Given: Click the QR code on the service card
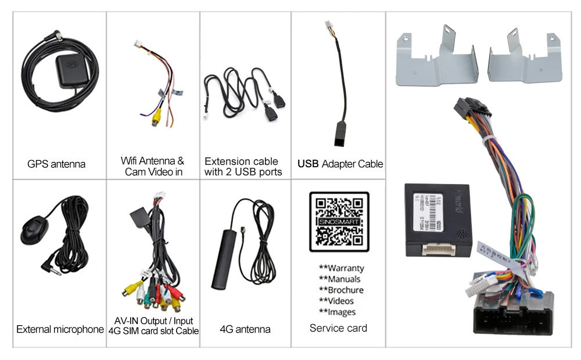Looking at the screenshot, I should [x=339, y=222].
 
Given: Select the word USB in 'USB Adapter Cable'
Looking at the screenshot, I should [x=308, y=164].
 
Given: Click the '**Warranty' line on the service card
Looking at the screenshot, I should [x=341, y=268].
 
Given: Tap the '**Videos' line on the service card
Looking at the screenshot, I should [x=336, y=301].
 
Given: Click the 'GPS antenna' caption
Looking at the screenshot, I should [x=56, y=164].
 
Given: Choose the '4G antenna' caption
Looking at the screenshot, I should [x=245, y=329].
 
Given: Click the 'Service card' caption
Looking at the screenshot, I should [x=338, y=328].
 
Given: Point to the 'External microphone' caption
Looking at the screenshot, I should [x=60, y=329].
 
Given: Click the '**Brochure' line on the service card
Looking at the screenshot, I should [x=341, y=290].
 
